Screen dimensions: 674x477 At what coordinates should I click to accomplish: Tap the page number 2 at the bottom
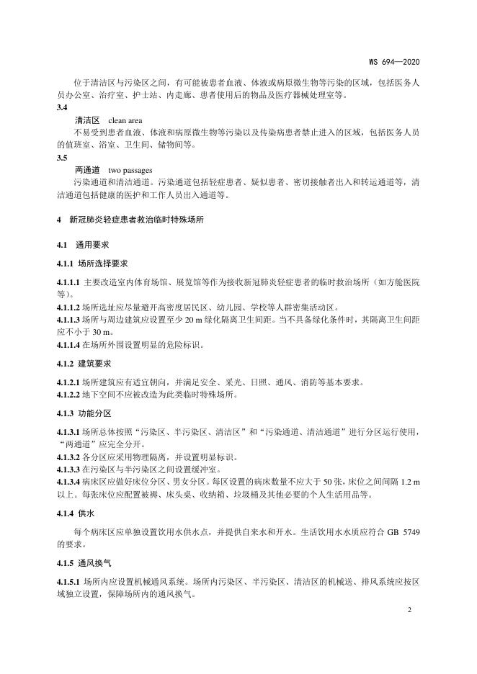click(409, 610)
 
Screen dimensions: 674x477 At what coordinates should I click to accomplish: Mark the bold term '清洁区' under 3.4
click(86, 119)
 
